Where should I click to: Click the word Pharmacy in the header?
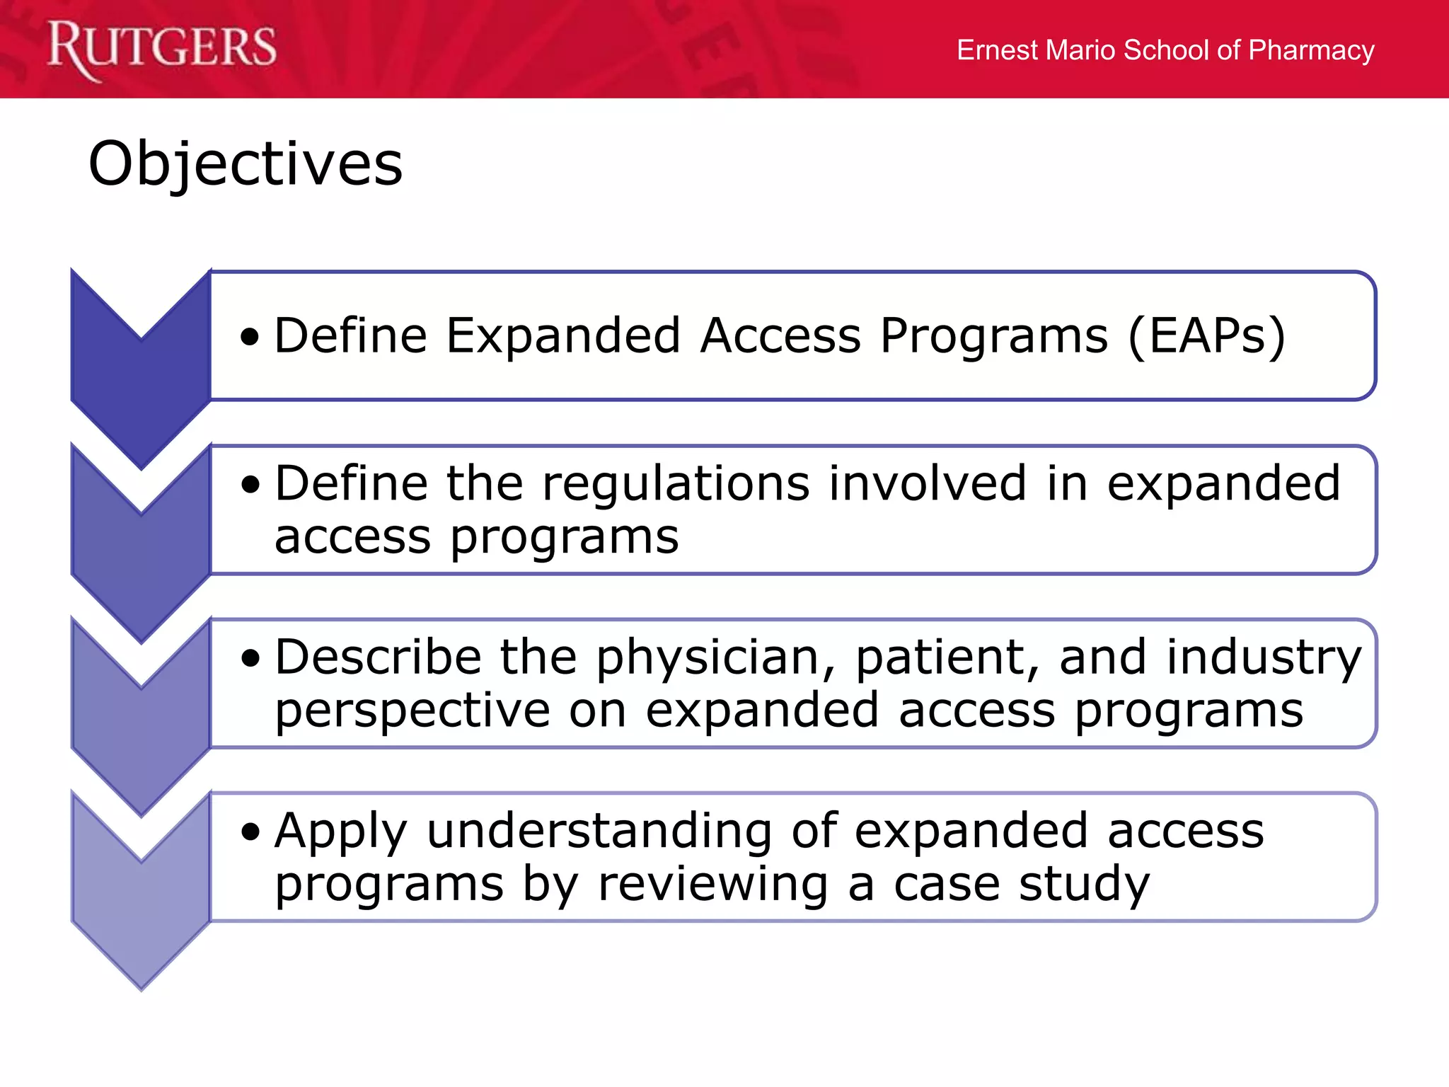[x=1311, y=50]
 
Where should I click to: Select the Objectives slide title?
[x=246, y=163]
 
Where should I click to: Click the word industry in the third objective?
[x=1264, y=658]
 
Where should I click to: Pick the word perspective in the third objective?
[x=412, y=711]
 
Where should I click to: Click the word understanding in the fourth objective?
[x=599, y=831]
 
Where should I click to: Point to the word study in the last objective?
[x=1085, y=885]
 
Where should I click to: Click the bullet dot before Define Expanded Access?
[x=250, y=338]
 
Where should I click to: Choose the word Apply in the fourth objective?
[x=340, y=832]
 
